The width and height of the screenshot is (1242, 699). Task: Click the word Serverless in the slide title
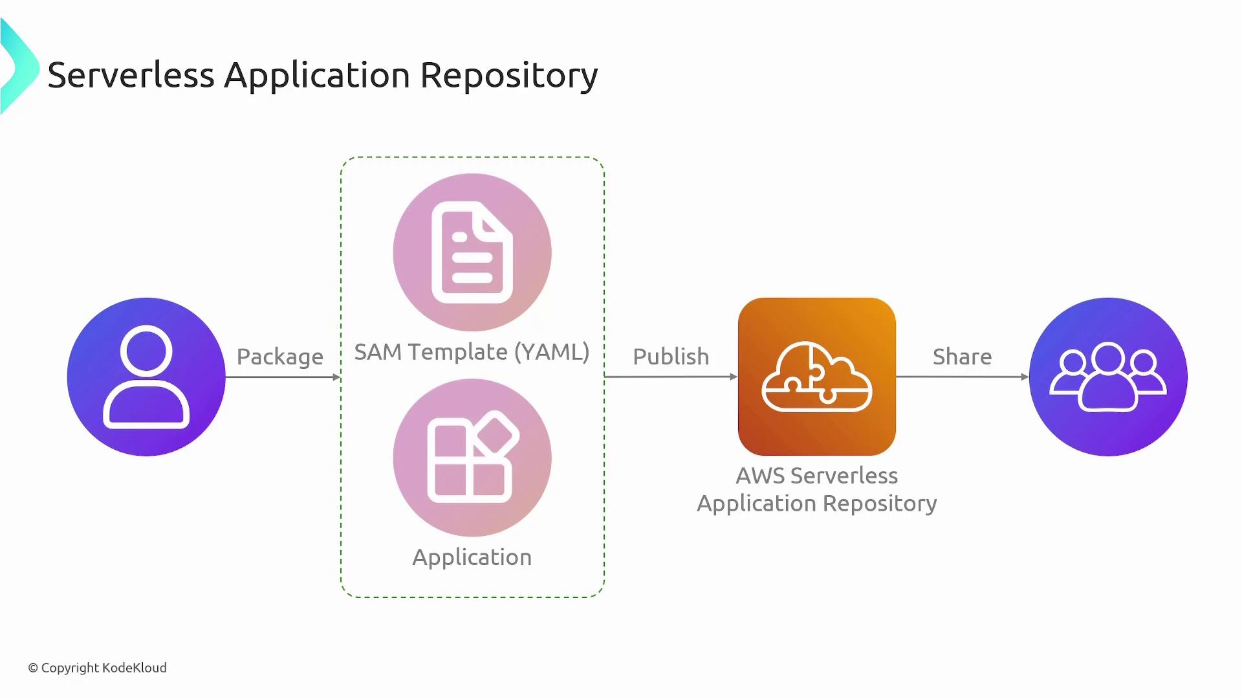click(x=131, y=75)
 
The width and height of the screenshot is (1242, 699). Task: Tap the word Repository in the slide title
click(x=509, y=75)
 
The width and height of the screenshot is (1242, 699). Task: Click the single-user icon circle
click(x=146, y=377)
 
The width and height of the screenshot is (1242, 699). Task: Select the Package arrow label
click(x=279, y=357)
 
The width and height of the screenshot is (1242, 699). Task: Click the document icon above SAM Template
click(x=472, y=252)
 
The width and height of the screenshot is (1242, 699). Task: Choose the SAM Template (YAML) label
click(x=472, y=351)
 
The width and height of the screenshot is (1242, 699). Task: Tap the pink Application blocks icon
click(x=472, y=458)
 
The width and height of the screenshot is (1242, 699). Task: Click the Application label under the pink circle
click(x=472, y=557)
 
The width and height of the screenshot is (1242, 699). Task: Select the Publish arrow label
click(x=671, y=357)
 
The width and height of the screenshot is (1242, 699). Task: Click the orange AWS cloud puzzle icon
click(x=817, y=377)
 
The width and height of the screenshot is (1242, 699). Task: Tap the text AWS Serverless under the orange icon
click(x=817, y=476)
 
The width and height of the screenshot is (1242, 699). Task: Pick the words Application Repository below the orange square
click(x=817, y=504)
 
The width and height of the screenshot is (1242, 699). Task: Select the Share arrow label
click(x=962, y=357)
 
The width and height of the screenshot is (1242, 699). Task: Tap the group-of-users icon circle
click(x=1108, y=377)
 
